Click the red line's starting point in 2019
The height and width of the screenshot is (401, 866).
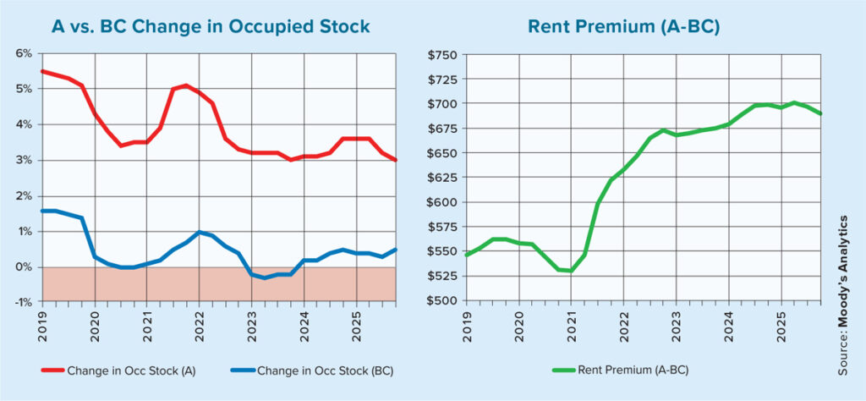(42, 71)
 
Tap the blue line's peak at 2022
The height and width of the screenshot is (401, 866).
(198, 232)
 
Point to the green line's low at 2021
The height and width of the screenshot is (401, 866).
(570, 271)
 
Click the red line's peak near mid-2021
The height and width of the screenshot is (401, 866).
(185, 85)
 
